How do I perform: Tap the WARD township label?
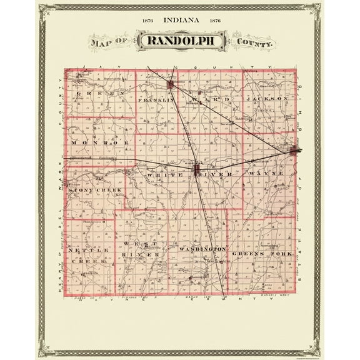tap(205, 99)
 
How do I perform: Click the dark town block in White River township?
tap(196, 169)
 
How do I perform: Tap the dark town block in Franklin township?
tap(171, 84)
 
